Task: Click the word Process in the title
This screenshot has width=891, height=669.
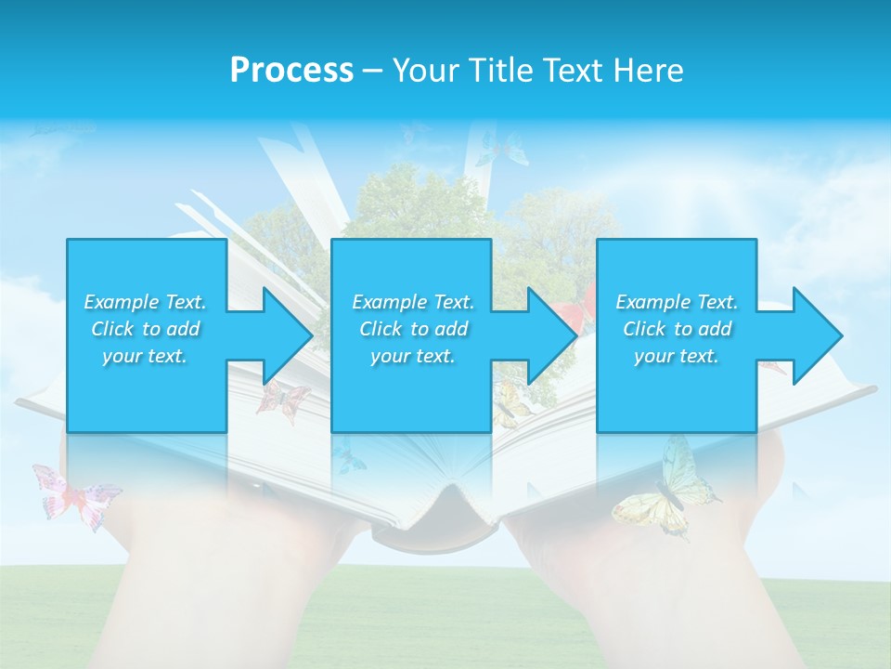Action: click(291, 70)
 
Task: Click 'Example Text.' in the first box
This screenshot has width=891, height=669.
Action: click(146, 302)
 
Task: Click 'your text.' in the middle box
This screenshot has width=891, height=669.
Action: click(412, 356)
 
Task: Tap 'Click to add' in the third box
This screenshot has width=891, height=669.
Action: click(678, 329)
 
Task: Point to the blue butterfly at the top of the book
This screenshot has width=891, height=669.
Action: click(502, 149)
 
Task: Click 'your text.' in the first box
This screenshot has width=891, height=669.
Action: click(146, 356)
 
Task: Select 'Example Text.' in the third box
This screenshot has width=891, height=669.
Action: click(678, 302)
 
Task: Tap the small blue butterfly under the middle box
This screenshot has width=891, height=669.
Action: click(350, 455)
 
